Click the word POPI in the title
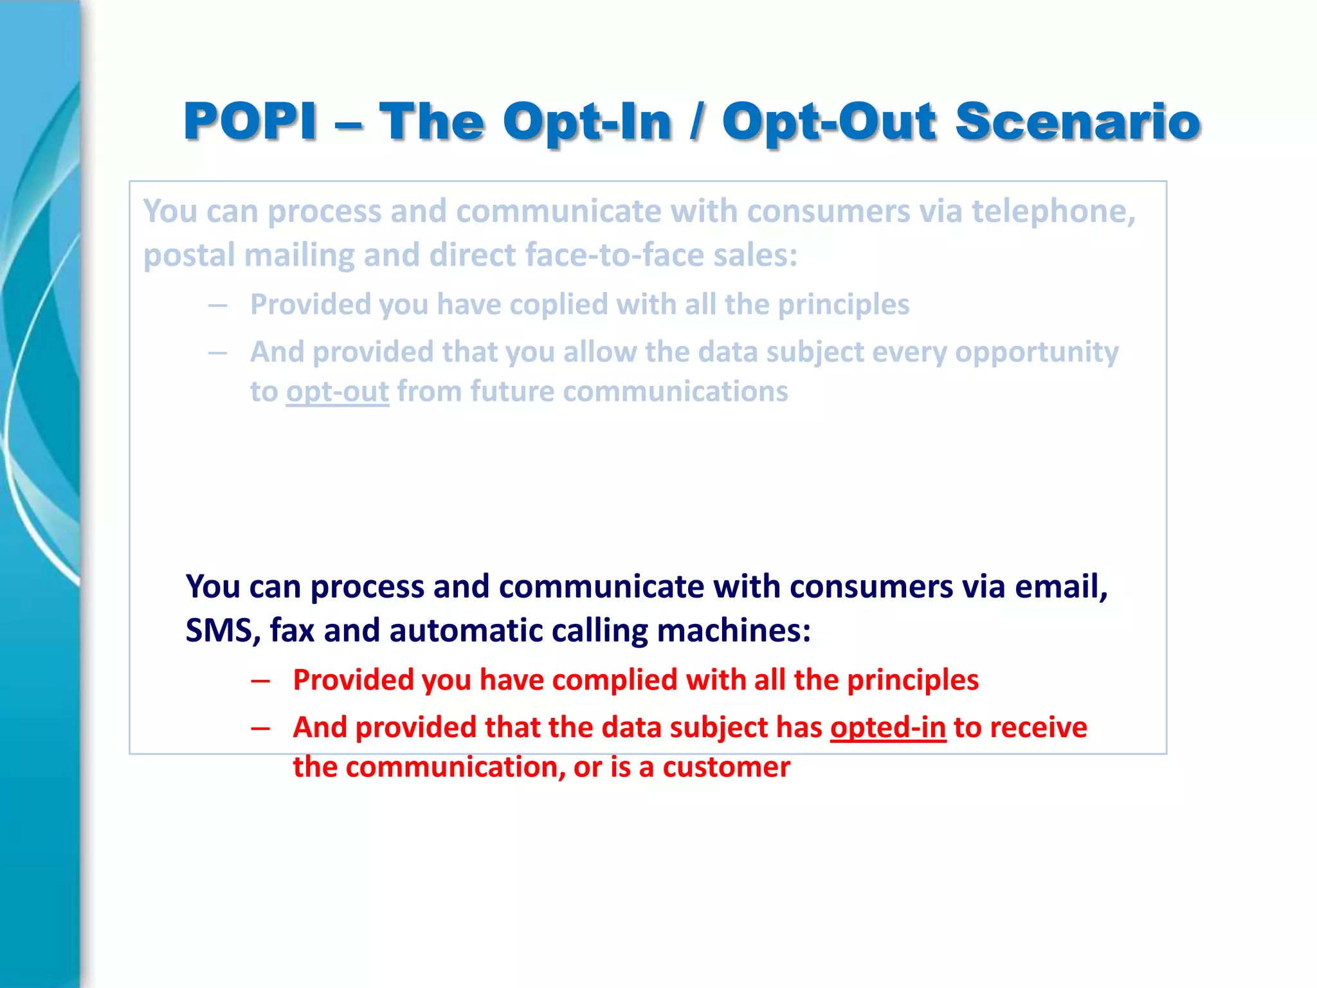250,122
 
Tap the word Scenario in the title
1078,122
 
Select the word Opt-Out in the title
829,122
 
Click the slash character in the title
696,122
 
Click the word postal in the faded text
188,255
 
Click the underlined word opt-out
338,392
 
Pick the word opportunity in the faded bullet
1037,352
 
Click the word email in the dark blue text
1060,587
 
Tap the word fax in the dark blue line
292,630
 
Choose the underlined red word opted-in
887,728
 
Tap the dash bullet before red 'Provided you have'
260,681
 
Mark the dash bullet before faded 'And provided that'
217,352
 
